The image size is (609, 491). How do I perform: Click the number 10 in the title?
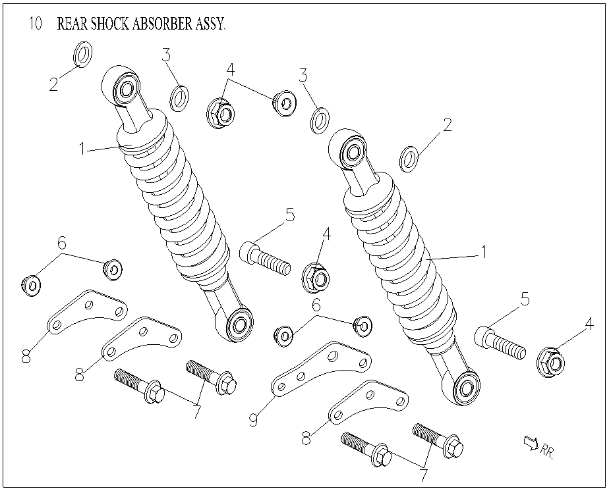click(36, 24)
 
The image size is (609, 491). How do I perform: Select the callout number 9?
click(252, 419)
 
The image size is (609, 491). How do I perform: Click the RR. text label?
click(547, 452)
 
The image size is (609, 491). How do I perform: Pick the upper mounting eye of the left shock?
click(125, 86)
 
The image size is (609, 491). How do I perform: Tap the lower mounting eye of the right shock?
click(467, 387)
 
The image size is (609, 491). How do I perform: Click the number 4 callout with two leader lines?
click(230, 69)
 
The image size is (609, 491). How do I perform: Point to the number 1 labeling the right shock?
click(483, 251)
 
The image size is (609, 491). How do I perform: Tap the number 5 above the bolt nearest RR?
click(525, 300)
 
